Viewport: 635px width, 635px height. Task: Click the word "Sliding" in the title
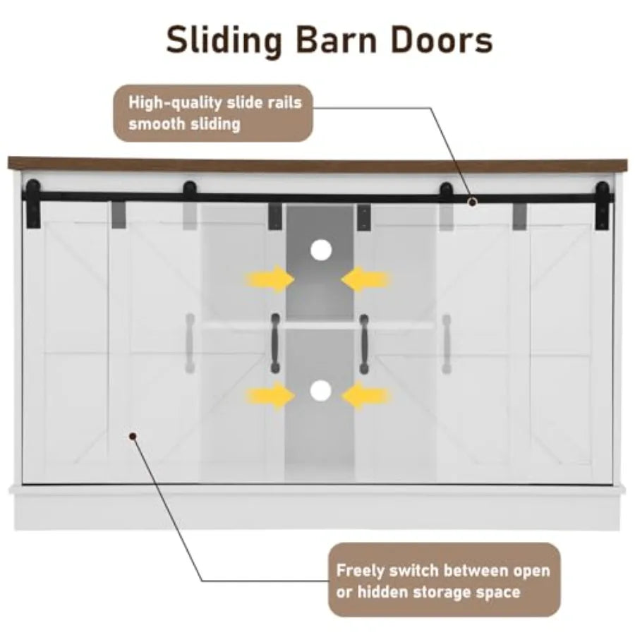pyautogui.click(x=224, y=40)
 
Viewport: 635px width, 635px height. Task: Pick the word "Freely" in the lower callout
pyautogui.click(x=360, y=571)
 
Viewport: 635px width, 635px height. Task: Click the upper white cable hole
pyautogui.click(x=321, y=250)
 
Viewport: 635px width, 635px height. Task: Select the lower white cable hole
pyautogui.click(x=321, y=391)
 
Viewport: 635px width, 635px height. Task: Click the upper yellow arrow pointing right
pyautogui.click(x=270, y=279)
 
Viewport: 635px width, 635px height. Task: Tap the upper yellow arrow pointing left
pyautogui.click(x=365, y=279)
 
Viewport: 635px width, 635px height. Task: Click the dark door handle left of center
pyautogui.click(x=275, y=343)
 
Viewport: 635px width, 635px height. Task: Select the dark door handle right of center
pyautogui.click(x=364, y=344)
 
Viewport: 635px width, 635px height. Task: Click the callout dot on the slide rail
pyautogui.click(x=472, y=202)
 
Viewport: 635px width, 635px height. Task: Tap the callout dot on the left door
pyautogui.click(x=133, y=436)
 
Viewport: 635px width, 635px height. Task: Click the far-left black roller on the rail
pyautogui.click(x=32, y=204)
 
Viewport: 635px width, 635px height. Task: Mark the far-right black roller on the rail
pyautogui.click(x=603, y=205)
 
